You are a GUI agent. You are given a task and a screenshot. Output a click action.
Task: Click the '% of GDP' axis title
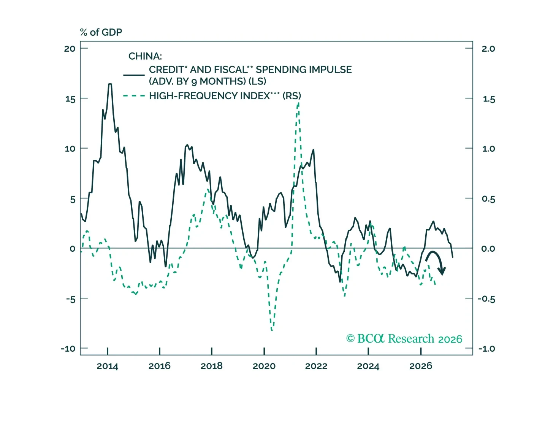tap(101, 32)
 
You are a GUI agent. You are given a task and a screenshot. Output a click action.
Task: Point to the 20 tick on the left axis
tap(84, 48)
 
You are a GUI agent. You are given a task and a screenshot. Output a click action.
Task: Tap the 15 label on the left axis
tap(70, 99)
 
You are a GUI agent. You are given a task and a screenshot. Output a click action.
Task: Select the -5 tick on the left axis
tap(84, 298)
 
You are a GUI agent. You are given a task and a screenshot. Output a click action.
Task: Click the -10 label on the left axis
tap(68, 349)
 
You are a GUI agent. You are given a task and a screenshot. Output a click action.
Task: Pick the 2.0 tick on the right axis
tap(469, 48)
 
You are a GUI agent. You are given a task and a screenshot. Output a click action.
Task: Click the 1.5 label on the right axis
tap(489, 100)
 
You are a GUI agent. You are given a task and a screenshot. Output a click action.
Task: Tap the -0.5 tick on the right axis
tap(469, 298)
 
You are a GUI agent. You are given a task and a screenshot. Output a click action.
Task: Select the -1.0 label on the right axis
tap(486, 349)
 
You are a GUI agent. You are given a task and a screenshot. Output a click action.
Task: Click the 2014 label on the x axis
tap(108, 366)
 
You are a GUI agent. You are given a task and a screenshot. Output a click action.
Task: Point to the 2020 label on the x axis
tap(264, 366)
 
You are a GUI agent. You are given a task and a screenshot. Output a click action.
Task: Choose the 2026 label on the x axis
tap(421, 366)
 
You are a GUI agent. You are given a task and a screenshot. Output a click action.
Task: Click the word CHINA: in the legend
tap(145, 56)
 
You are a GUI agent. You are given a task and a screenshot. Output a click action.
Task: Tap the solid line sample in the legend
tap(134, 75)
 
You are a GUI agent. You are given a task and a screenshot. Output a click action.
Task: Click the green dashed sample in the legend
tap(134, 96)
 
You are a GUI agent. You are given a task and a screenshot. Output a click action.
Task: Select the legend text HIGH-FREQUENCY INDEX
tap(209, 96)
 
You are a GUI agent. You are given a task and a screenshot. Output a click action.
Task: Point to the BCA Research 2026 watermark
tap(404, 338)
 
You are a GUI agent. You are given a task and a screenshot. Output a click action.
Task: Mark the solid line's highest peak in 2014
tap(110, 84)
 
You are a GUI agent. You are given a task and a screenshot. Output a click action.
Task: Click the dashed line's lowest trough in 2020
tap(272, 330)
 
